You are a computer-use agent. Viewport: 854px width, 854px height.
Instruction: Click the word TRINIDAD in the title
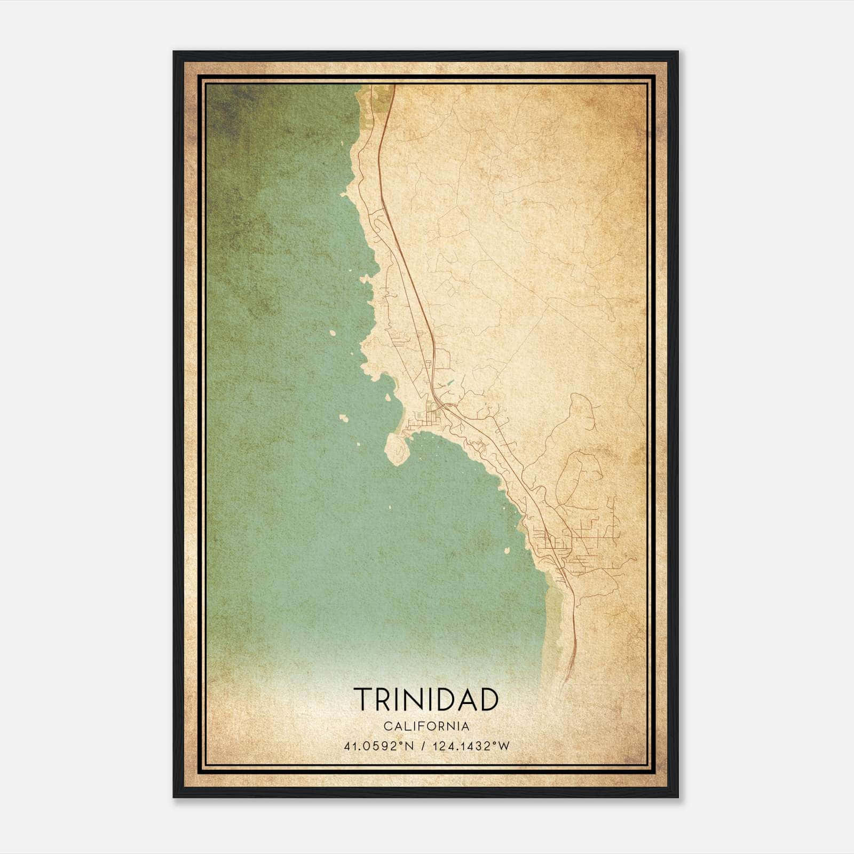tap(426, 699)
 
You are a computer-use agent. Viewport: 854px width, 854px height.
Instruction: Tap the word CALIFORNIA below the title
tap(426, 726)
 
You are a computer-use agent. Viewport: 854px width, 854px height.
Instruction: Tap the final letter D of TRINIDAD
tap(489, 699)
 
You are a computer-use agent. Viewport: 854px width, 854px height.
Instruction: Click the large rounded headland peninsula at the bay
tap(396, 448)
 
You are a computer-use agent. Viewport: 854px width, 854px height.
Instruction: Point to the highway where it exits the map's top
tap(393, 86)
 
